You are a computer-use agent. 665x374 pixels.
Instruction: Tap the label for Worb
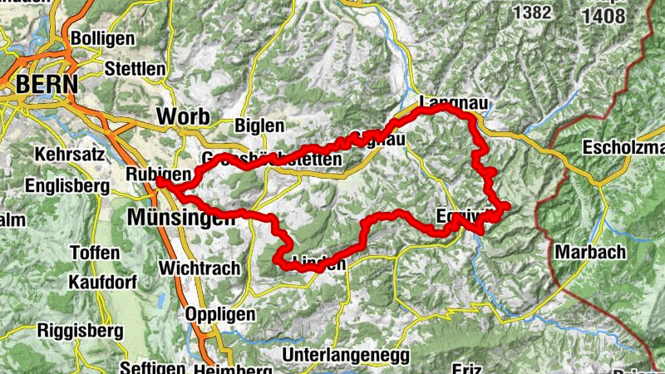click(x=182, y=116)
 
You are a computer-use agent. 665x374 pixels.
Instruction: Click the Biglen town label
click(x=259, y=125)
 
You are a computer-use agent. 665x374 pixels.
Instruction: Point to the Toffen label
click(x=95, y=252)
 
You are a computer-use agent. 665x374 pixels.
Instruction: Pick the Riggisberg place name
click(x=80, y=330)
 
